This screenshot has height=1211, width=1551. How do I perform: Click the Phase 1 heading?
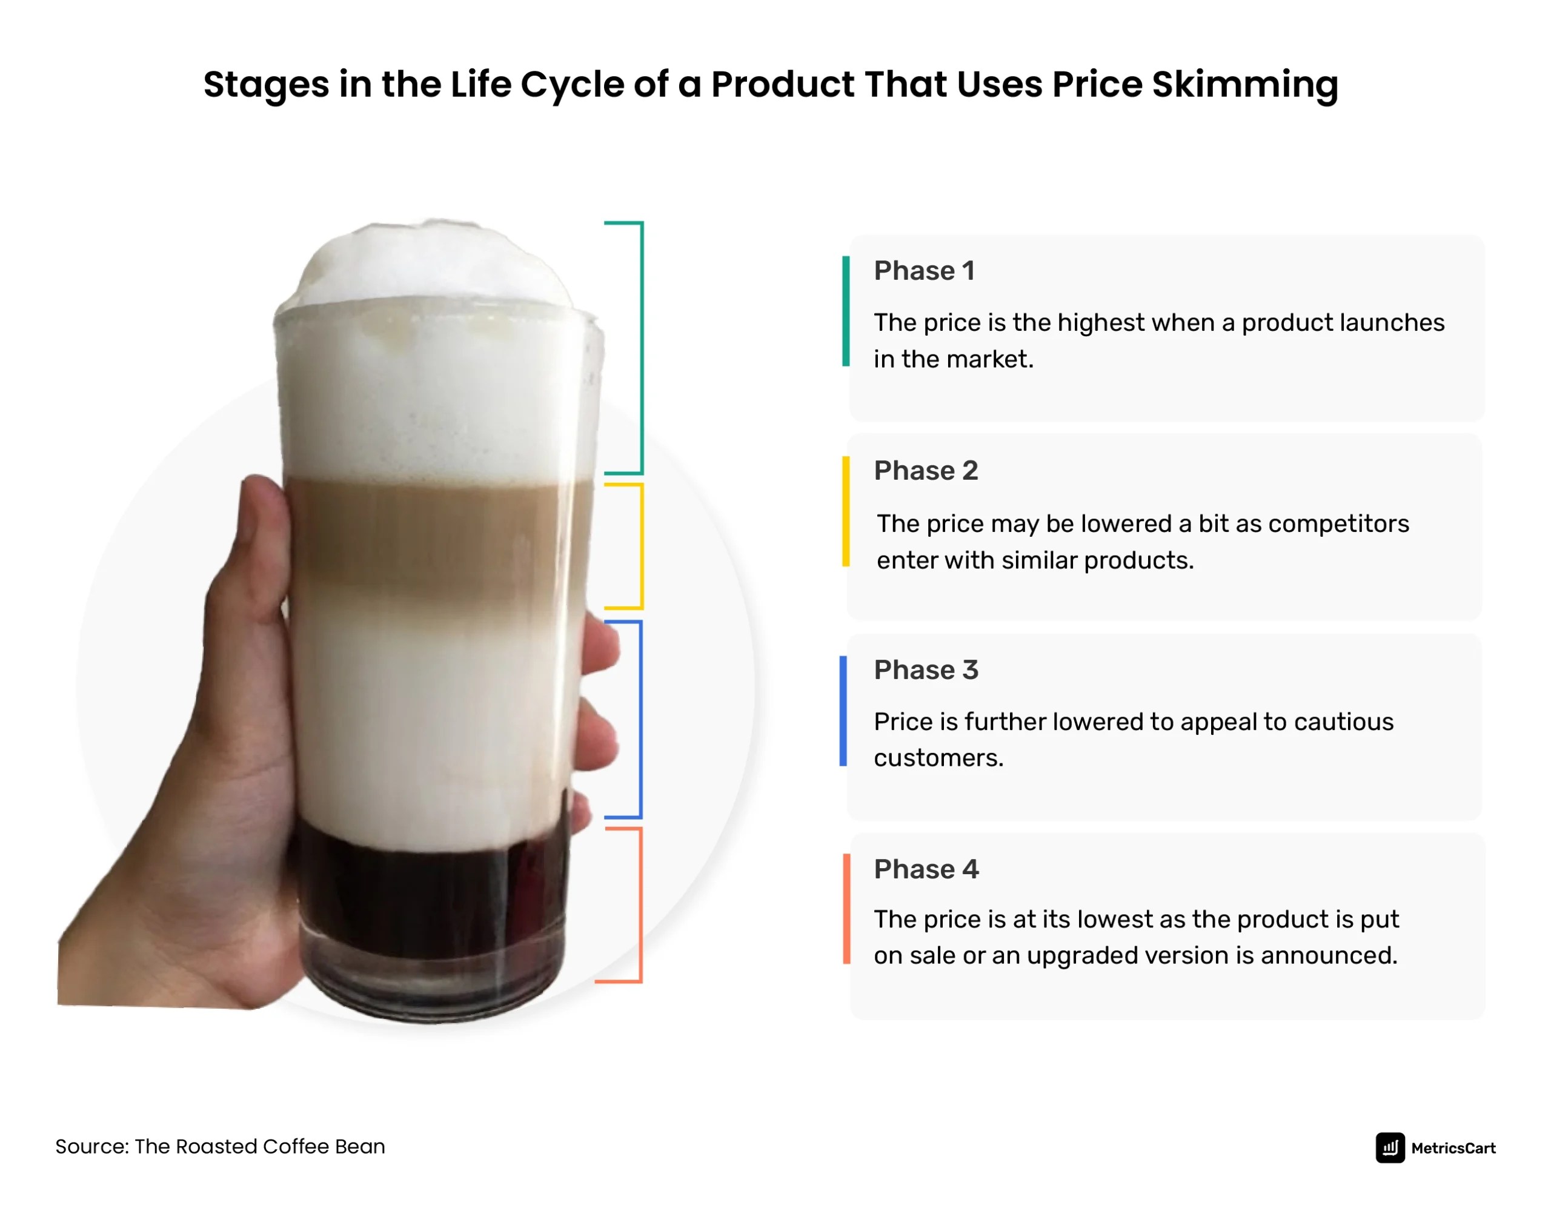[x=924, y=271]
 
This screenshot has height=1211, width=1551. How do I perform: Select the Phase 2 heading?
[x=925, y=471]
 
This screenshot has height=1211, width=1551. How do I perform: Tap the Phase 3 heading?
[x=925, y=671]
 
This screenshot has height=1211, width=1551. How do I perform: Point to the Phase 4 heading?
[x=925, y=869]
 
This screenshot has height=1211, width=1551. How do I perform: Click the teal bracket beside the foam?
[x=641, y=348]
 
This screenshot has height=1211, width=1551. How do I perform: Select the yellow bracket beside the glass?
[x=641, y=547]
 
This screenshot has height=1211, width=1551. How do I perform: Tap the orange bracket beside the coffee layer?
[x=640, y=905]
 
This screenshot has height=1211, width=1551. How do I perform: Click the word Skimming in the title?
[x=1244, y=85]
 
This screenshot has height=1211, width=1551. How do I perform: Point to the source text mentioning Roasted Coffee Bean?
[x=220, y=1147]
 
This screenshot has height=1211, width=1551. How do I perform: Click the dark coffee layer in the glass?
[x=433, y=902]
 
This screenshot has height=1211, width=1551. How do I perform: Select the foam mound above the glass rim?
[x=433, y=263]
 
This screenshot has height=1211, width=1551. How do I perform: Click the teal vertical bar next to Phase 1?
[x=846, y=311]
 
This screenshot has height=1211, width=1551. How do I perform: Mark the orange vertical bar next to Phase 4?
[x=846, y=909]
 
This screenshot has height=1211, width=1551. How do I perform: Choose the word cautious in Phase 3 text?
[x=1344, y=722]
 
